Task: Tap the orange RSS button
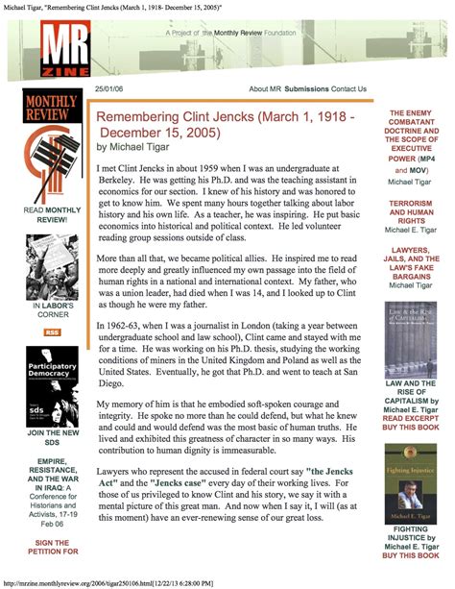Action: (52, 332)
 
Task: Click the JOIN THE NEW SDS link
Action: (52, 440)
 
